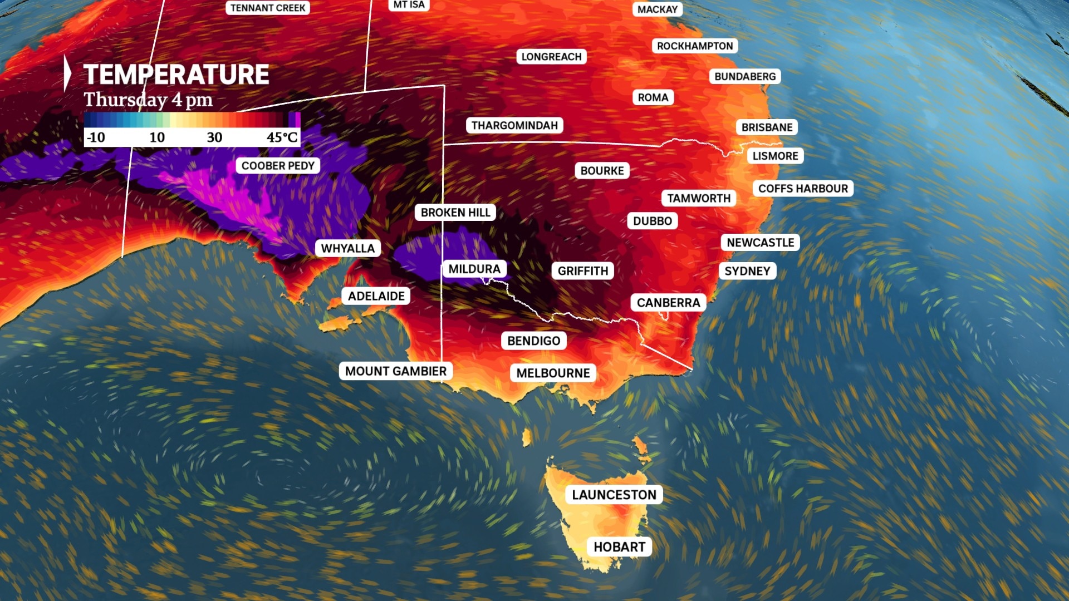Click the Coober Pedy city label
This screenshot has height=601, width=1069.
coord(278,166)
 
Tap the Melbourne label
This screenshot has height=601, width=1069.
coord(553,373)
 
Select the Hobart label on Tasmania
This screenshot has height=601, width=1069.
coord(619,547)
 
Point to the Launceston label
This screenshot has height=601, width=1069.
coord(614,495)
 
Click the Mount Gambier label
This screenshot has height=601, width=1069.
coord(395,371)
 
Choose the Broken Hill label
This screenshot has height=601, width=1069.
coord(455,213)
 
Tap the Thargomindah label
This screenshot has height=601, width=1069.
coord(514,125)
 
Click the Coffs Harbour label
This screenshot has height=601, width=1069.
coord(803,189)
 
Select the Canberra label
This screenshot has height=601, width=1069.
coord(668,303)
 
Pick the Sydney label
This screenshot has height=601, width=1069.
coord(747,271)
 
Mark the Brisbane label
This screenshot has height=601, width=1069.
coord(767,127)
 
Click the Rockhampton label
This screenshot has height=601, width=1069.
coord(695,46)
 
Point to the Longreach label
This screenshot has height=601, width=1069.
coord(551,57)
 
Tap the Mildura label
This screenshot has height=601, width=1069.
coord(474,269)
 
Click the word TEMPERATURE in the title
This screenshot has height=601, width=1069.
coord(176,75)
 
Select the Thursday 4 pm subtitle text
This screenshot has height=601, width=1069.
coord(148,100)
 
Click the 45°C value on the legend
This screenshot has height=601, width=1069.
coord(282,137)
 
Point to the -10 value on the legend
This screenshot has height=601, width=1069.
coord(96,137)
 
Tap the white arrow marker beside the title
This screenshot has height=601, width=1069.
coord(67,73)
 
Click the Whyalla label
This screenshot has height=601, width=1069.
coord(348,248)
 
